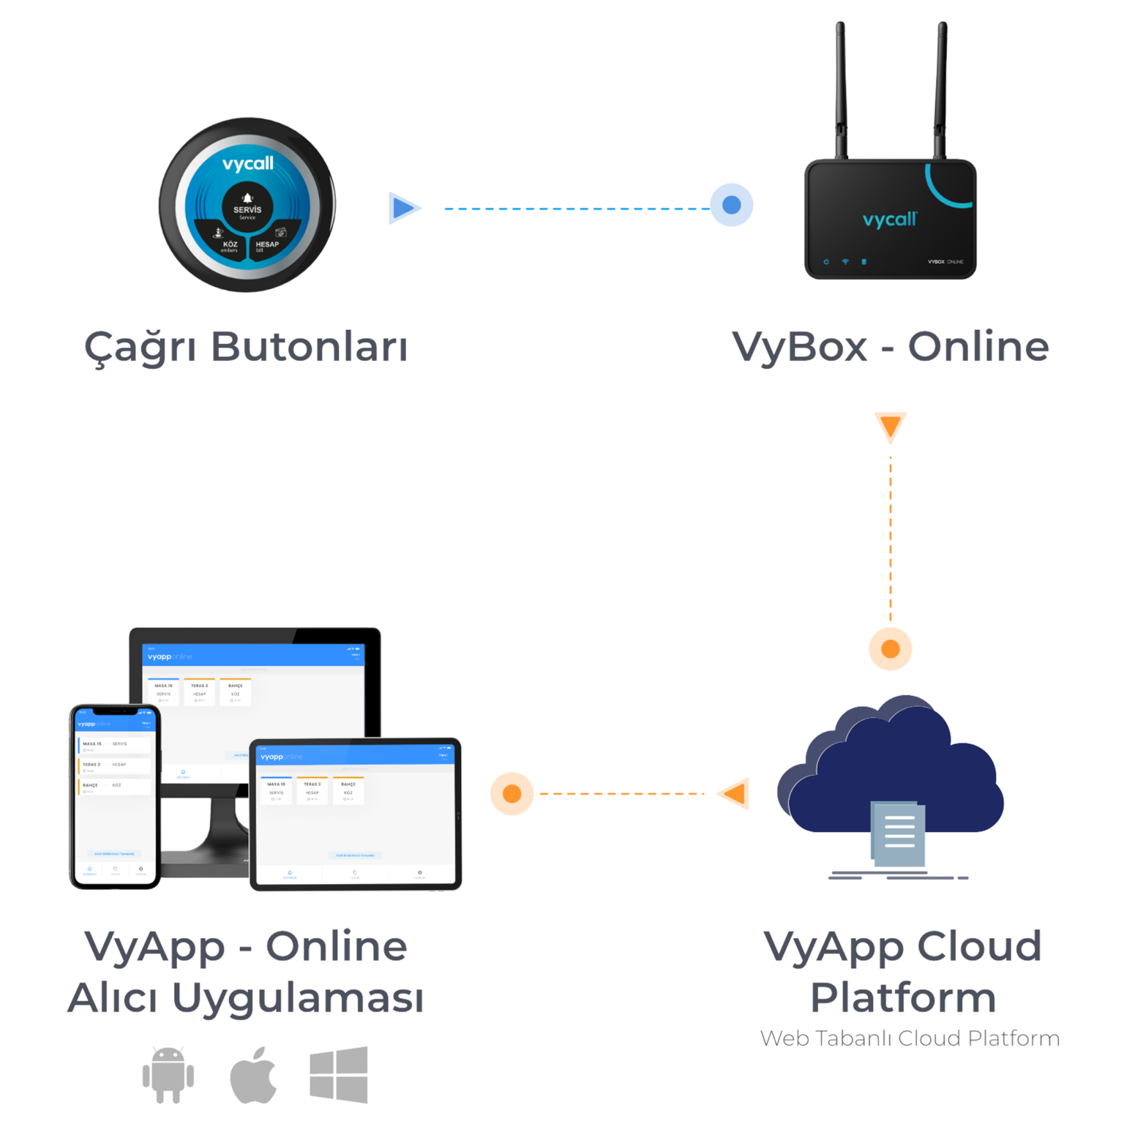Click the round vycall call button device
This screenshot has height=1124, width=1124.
click(x=247, y=206)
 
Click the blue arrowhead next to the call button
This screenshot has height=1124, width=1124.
click(x=404, y=208)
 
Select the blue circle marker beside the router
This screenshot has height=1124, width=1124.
click(x=731, y=205)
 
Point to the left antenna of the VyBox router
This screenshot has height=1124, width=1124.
click(x=842, y=88)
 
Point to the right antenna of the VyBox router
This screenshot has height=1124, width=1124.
click(x=941, y=88)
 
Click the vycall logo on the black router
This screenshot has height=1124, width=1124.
click(x=889, y=219)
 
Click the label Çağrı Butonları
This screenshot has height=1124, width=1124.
click(x=245, y=347)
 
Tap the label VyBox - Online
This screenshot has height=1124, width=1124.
click(x=890, y=347)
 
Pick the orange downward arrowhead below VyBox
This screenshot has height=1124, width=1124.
click(x=891, y=427)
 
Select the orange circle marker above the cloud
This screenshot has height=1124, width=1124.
click(x=891, y=648)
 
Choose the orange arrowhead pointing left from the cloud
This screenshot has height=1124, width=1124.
click(x=734, y=793)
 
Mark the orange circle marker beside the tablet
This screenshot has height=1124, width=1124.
click(x=512, y=793)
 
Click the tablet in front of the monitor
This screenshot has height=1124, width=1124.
click(x=356, y=814)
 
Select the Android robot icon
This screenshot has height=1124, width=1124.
click(x=168, y=1074)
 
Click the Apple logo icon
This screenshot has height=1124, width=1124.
click(x=254, y=1075)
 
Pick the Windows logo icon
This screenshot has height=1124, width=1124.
click(x=338, y=1074)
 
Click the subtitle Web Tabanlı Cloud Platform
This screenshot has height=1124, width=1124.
click(x=910, y=1038)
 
